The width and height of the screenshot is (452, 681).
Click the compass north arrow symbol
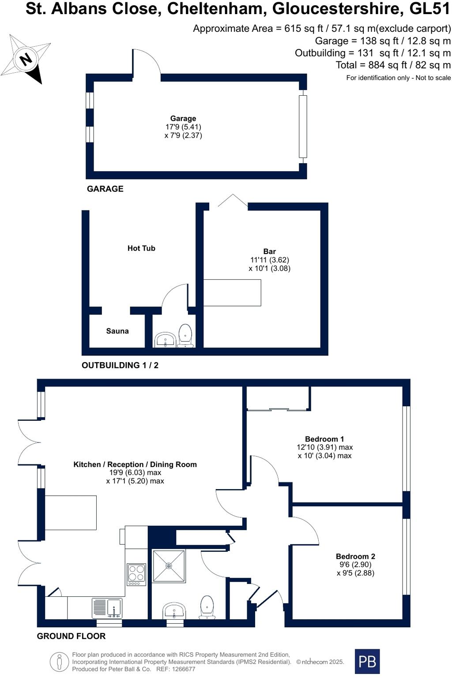pos(26,59)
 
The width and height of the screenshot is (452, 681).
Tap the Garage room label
pos(183,118)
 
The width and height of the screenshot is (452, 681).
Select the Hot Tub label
pos(141,248)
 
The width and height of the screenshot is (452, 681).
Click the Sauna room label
pos(117,331)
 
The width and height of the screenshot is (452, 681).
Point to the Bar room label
pos(269,251)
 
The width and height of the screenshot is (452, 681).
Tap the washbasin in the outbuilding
pos(166,340)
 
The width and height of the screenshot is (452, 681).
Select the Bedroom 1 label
pos(324,439)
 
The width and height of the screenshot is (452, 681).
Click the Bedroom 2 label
pos(355,557)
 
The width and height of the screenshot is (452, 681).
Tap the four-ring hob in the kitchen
pos(136,574)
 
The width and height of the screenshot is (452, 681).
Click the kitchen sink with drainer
pos(107,608)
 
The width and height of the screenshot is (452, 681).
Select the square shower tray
pos(169,566)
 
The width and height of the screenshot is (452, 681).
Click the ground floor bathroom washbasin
pos(174,611)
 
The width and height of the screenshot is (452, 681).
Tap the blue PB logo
pos(367,661)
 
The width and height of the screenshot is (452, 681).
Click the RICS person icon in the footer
pos(59,662)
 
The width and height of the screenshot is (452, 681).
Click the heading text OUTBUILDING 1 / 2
pos(120,365)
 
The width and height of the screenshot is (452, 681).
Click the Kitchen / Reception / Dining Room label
pos(135,464)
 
